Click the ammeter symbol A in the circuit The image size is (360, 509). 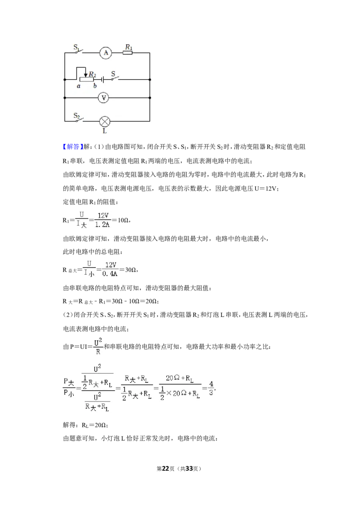(x=106, y=53)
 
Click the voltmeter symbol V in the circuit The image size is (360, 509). (x=103, y=98)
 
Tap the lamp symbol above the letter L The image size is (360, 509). (x=104, y=121)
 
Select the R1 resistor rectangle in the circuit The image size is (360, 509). (x=128, y=53)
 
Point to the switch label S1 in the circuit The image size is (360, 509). (x=76, y=47)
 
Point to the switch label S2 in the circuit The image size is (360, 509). (x=76, y=116)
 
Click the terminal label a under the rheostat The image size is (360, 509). (x=79, y=86)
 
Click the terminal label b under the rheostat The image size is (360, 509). (x=95, y=86)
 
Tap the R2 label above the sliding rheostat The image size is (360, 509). (x=93, y=74)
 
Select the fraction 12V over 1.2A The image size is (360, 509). (x=103, y=220)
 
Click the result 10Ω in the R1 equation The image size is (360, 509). (x=123, y=220)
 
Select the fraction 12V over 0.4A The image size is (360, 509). (x=110, y=269)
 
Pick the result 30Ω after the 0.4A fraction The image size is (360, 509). (x=130, y=269)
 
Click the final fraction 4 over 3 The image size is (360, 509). (x=211, y=388)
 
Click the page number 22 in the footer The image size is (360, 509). (x=166, y=469)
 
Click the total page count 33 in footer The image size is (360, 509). (x=189, y=469)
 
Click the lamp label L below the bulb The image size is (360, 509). (x=104, y=131)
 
